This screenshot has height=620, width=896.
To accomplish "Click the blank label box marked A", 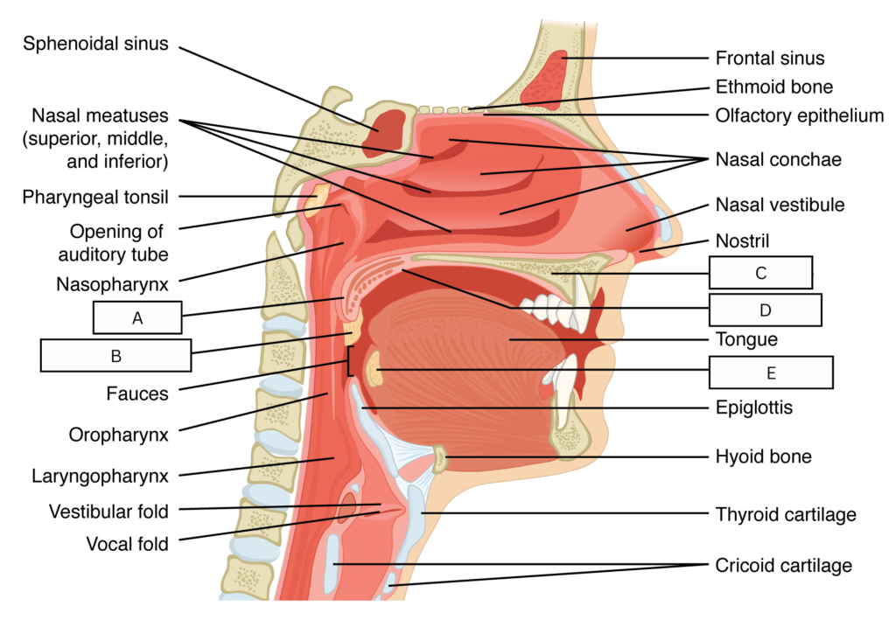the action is click(137, 317).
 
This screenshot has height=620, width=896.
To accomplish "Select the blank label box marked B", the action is click(116, 355).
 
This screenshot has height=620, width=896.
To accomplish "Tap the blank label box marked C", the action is click(760, 272).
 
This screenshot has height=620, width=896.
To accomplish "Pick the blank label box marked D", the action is click(765, 310).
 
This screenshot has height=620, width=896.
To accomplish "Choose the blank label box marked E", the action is click(771, 373).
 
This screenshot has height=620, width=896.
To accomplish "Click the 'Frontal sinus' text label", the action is click(770, 59).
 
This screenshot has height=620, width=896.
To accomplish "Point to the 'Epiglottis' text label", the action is click(753, 408).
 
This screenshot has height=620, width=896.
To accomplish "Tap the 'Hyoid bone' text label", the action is click(763, 456).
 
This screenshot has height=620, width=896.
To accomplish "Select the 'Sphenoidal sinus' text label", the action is click(95, 44).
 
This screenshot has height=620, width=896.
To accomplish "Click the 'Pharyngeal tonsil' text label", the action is click(95, 197).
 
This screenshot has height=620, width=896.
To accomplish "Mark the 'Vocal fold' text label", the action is click(127, 544).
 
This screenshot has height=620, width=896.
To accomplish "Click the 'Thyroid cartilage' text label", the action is click(786, 514).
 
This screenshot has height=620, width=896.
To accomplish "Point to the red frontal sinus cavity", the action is click(545, 78).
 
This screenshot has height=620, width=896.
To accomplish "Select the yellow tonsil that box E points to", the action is click(373, 369).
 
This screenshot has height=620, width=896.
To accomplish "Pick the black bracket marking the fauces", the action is click(350, 360).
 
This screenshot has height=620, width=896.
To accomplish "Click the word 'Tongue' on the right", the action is click(746, 339).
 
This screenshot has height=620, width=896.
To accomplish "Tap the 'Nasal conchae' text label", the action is click(778, 159).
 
